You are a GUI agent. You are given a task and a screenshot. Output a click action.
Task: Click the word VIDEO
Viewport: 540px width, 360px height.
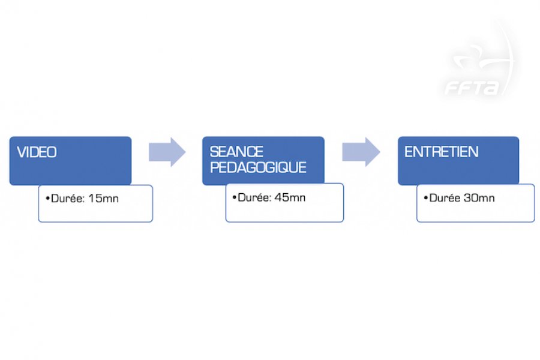click(37, 152)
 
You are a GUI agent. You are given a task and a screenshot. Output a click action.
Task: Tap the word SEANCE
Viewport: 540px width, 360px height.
click(236, 152)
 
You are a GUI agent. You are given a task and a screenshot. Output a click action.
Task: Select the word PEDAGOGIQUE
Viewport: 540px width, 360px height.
click(258, 167)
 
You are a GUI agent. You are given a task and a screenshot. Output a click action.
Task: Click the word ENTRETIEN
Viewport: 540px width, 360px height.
click(441, 152)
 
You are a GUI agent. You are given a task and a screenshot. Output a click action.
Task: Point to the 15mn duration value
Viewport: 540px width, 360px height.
click(103, 199)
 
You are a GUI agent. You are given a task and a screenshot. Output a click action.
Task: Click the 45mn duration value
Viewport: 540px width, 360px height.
click(290, 197)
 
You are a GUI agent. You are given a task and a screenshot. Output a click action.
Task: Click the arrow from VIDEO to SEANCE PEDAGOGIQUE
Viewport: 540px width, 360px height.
click(167, 152)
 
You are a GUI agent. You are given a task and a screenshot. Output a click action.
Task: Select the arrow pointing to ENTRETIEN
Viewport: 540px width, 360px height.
click(361, 152)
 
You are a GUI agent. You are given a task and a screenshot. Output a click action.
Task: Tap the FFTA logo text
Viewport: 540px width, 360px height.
click(472, 88)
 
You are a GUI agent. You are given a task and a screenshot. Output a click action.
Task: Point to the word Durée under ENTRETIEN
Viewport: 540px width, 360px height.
click(445, 198)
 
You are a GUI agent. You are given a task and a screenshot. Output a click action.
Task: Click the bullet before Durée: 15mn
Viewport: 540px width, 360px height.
click(48, 199)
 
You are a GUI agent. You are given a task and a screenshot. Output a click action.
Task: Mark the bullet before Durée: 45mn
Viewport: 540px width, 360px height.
click(235, 198)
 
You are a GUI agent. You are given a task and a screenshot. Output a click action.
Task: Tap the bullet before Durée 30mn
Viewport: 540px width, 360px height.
click(426, 198)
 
